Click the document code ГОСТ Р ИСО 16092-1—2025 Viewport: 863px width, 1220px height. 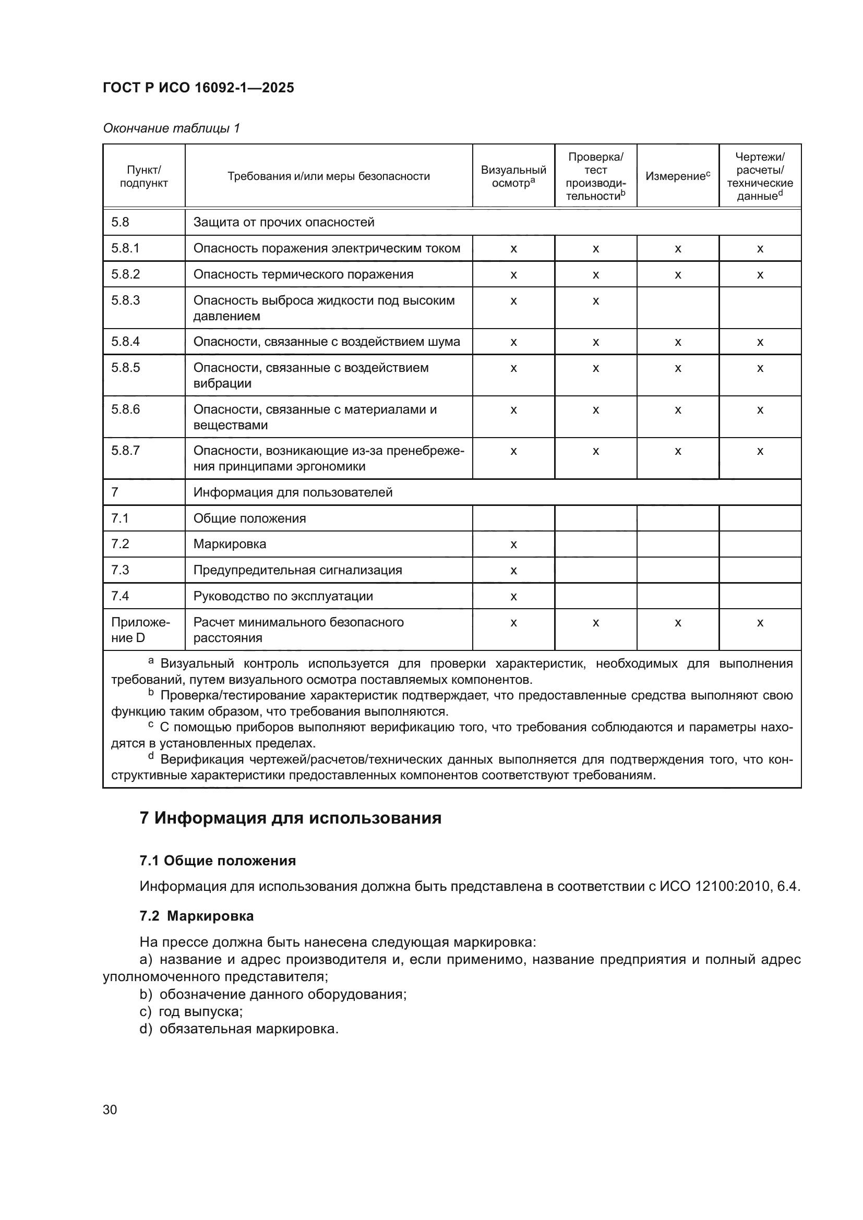pyautogui.click(x=198, y=88)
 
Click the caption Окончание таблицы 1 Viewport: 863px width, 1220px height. pyautogui.click(x=171, y=128)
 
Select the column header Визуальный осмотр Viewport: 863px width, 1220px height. pyautogui.click(x=513, y=176)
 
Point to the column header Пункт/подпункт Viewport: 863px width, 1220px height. pyautogui.click(x=143, y=176)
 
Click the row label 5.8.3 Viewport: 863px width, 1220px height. pyautogui.click(x=125, y=300)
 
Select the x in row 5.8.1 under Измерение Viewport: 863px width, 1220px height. pyautogui.click(x=678, y=249)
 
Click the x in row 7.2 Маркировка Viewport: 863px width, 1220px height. pyautogui.click(x=513, y=544)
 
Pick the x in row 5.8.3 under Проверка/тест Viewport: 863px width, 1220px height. pyautogui.click(x=595, y=301)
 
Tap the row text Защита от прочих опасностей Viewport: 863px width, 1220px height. pyautogui.click(x=284, y=222)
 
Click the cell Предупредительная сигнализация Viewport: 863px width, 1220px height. pyautogui.click(x=297, y=570)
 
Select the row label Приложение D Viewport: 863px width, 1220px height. pyautogui.click(x=140, y=630)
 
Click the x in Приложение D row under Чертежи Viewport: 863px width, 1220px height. pyautogui.click(x=760, y=622)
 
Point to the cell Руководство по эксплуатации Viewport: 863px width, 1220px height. pyautogui.click(x=283, y=596)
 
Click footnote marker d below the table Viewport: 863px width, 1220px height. pyautogui.click(x=151, y=756)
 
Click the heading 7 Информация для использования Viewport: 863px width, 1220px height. pyautogui.click(x=290, y=818)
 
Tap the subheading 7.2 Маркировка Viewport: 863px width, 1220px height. pyautogui.click(x=197, y=916)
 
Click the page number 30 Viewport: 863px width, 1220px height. pyautogui.click(x=110, y=1109)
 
